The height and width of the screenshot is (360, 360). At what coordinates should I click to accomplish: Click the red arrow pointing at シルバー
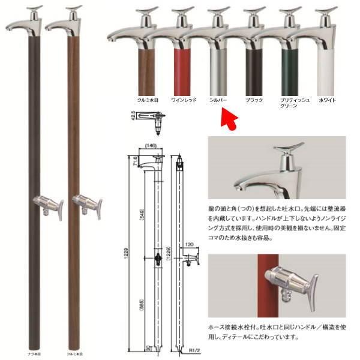tap(228, 118)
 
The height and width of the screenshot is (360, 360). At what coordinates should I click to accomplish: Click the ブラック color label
tap(254, 98)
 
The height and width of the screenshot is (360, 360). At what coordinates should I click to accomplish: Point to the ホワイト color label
tap(327, 98)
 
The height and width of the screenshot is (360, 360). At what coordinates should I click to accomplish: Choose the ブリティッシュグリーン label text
tap(290, 101)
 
